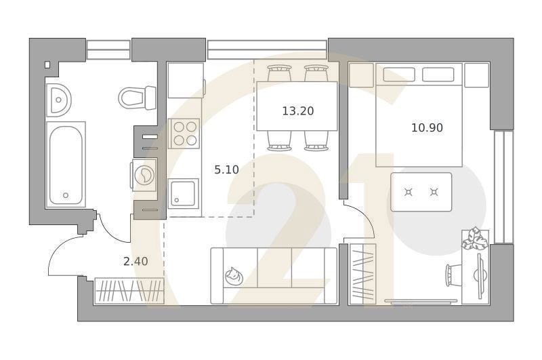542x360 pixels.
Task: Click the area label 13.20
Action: coord(297,111)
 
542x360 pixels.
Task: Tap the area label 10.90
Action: coord(427,127)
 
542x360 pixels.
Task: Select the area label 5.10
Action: coord(226,170)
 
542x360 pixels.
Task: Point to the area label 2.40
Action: coord(135,261)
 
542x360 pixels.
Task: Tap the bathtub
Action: coord(66,164)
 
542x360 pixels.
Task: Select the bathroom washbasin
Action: coord(58,101)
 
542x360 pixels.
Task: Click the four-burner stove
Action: coord(184,133)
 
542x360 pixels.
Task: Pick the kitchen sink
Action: coord(184,192)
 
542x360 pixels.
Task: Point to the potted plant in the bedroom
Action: coord(474,238)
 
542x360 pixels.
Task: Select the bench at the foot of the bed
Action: coord(421,192)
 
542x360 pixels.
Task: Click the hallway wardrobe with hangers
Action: coord(129,290)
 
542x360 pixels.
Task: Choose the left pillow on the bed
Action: coord(395,74)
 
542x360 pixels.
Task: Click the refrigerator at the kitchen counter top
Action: coord(185,81)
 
